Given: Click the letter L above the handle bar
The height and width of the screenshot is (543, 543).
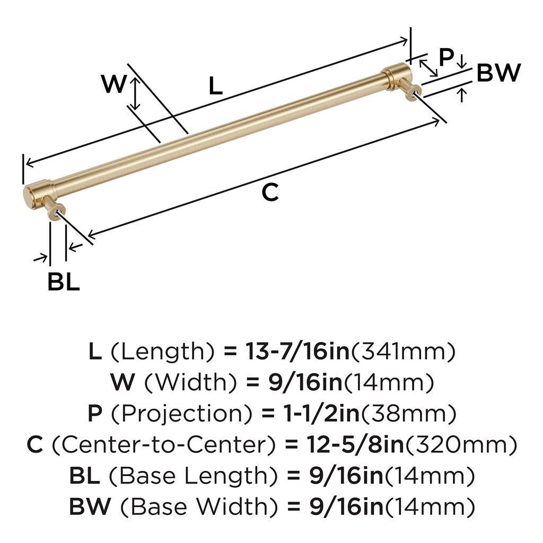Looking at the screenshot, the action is coord(215,86).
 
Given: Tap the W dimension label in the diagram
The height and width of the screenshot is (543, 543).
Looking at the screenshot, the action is coord(113,84).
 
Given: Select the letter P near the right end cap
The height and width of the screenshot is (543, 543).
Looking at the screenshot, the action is coord(446,57).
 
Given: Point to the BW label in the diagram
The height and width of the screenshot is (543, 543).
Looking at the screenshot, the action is coord(498,73).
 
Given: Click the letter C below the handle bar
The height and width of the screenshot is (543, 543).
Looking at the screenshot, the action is coord(270,192).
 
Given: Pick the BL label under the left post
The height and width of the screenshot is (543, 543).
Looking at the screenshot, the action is coord(64,282).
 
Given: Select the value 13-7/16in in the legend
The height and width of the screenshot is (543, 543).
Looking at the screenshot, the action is coord(297,351).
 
